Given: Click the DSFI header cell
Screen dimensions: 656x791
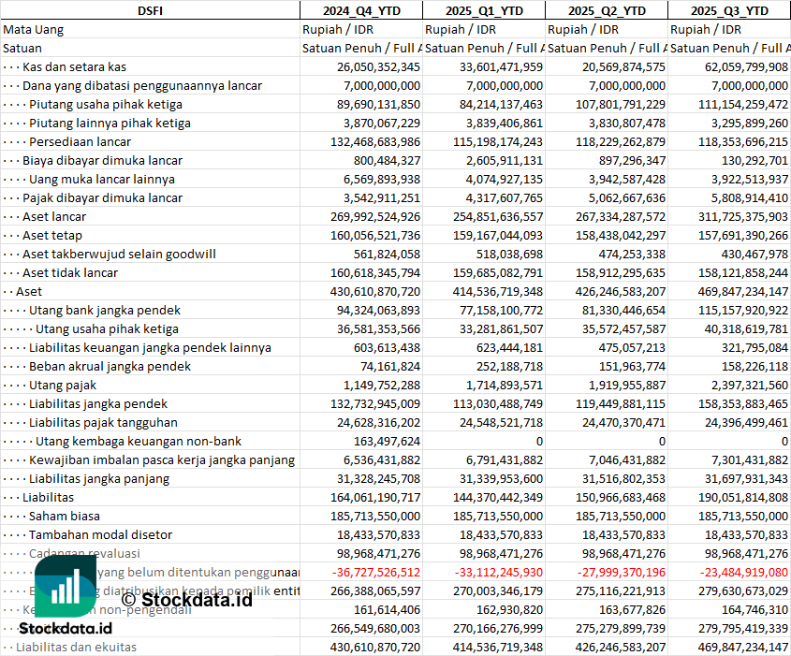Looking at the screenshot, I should coord(150,10).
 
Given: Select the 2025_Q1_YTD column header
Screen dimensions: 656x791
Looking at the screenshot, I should coord(483,10).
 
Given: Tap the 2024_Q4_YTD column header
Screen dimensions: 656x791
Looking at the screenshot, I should coord(360,10).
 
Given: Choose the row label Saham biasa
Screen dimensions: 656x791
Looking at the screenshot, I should coord(65,516).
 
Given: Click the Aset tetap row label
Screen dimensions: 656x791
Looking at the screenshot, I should coord(52,235).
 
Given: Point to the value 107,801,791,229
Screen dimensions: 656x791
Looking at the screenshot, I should coord(608,104).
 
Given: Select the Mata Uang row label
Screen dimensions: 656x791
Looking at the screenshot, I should coord(34,29).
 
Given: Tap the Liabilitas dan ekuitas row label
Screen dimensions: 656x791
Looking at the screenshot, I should coord(76,647).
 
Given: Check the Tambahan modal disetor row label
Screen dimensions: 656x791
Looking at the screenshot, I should coord(100,534).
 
